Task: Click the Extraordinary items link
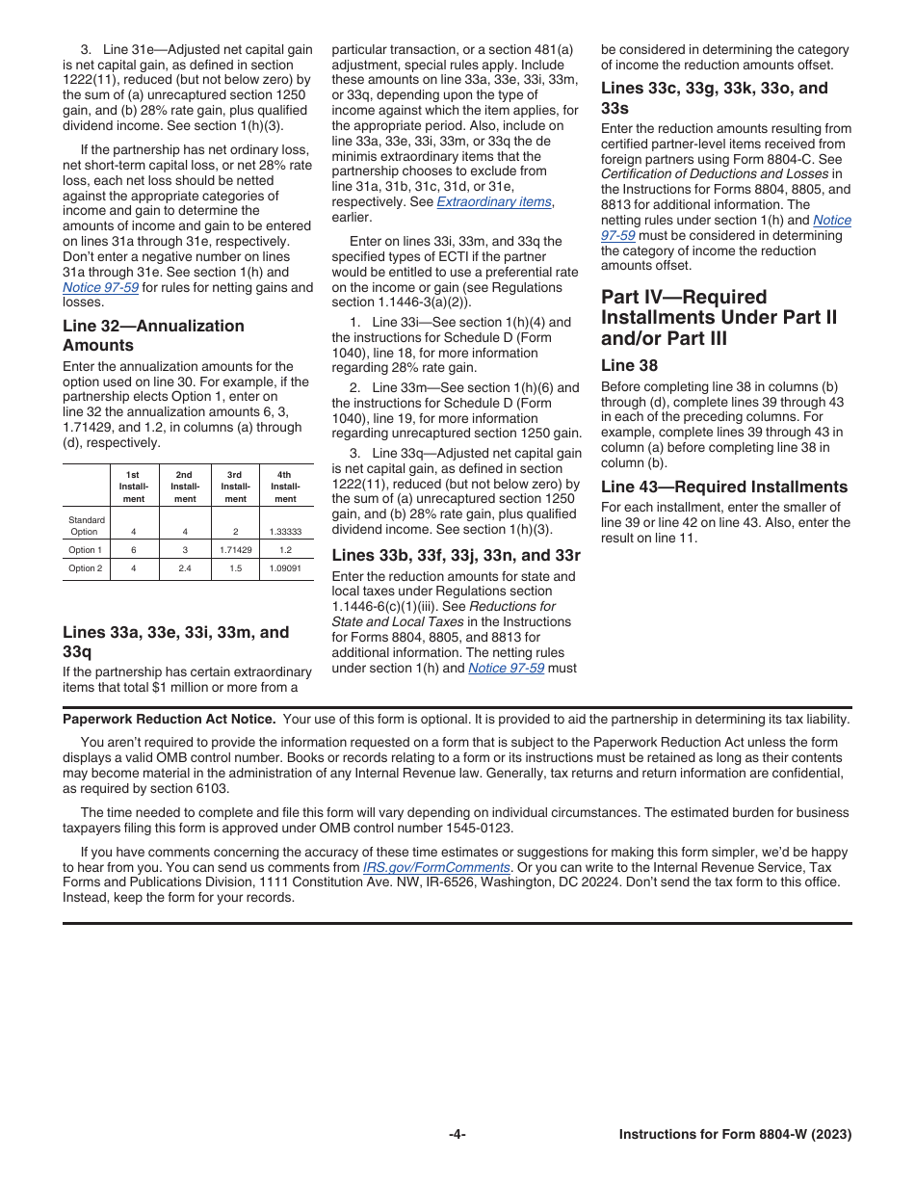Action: [x=495, y=202]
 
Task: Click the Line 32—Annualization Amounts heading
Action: [x=153, y=335]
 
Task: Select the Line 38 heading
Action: [x=630, y=365]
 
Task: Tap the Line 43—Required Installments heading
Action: [x=724, y=487]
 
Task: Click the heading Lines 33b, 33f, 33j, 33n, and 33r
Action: [x=456, y=555]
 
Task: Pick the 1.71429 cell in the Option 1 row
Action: [x=236, y=549]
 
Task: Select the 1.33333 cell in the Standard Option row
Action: [x=285, y=531]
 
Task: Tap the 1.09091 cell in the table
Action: [x=285, y=568]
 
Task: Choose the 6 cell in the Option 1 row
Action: [x=133, y=549]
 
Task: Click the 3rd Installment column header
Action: [x=235, y=487]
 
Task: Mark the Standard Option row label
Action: [x=86, y=526]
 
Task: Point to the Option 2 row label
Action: [x=85, y=568]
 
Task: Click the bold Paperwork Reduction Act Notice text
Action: [x=169, y=719]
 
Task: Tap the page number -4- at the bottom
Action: [x=457, y=1135]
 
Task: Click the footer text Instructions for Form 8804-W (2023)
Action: [x=735, y=1135]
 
